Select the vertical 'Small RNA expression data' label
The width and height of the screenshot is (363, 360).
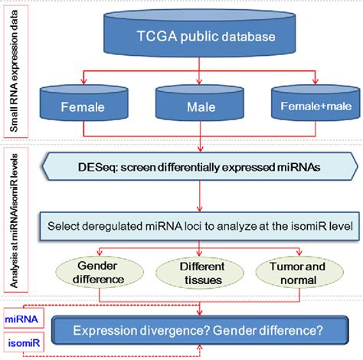point(15,73)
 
